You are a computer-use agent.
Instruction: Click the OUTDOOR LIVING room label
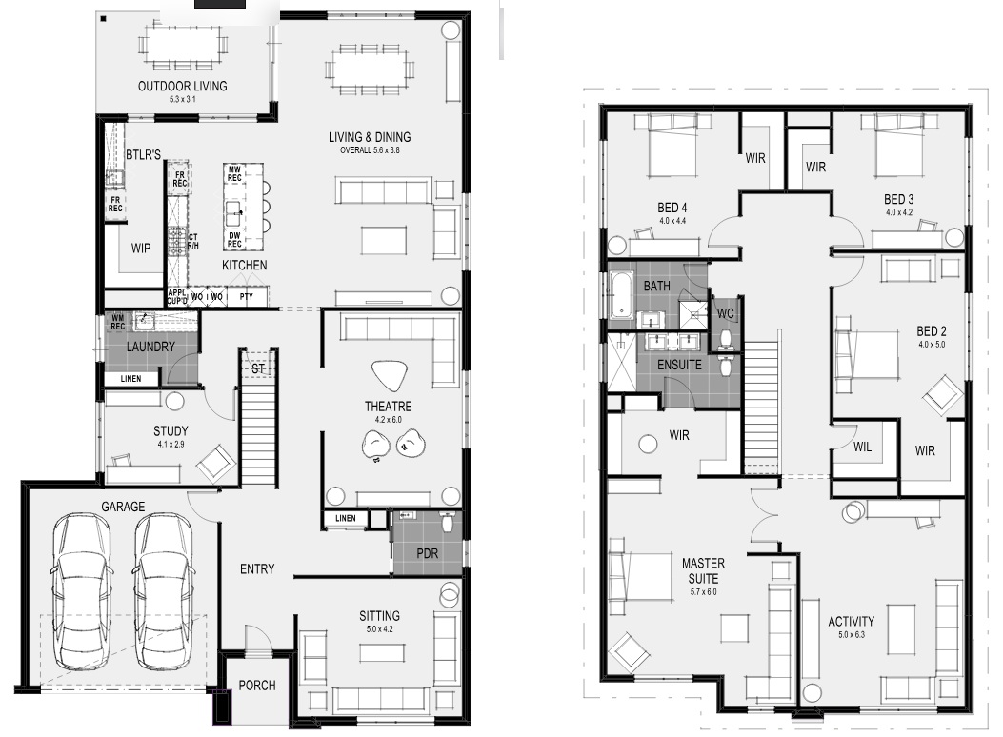click(x=182, y=87)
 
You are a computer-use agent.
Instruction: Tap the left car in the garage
click(x=81, y=591)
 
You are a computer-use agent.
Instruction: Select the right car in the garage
click(x=163, y=591)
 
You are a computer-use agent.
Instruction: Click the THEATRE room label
click(x=388, y=407)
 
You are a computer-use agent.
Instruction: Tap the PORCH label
click(x=257, y=686)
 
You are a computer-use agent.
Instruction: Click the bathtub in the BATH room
click(x=620, y=294)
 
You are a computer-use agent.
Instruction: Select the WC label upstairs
click(x=726, y=314)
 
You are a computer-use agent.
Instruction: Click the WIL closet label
click(x=862, y=448)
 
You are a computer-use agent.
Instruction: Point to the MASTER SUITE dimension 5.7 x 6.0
click(x=703, y=592)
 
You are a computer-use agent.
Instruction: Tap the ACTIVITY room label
click(x=851, y=621)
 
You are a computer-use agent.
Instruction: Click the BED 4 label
click(x=672, y=208)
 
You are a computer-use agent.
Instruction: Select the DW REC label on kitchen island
click(x=234, y=240)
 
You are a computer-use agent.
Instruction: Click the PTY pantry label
click(x=247, y=296)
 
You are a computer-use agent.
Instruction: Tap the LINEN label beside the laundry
click(x=130, y=379)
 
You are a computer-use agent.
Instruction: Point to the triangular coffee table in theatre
click(x=389, y=375)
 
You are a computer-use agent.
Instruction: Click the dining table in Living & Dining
click(x=370, y=68)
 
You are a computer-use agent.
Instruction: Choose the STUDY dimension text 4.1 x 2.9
click(x=171, y=444)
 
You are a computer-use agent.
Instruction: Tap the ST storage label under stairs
click(x=258, y=368)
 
